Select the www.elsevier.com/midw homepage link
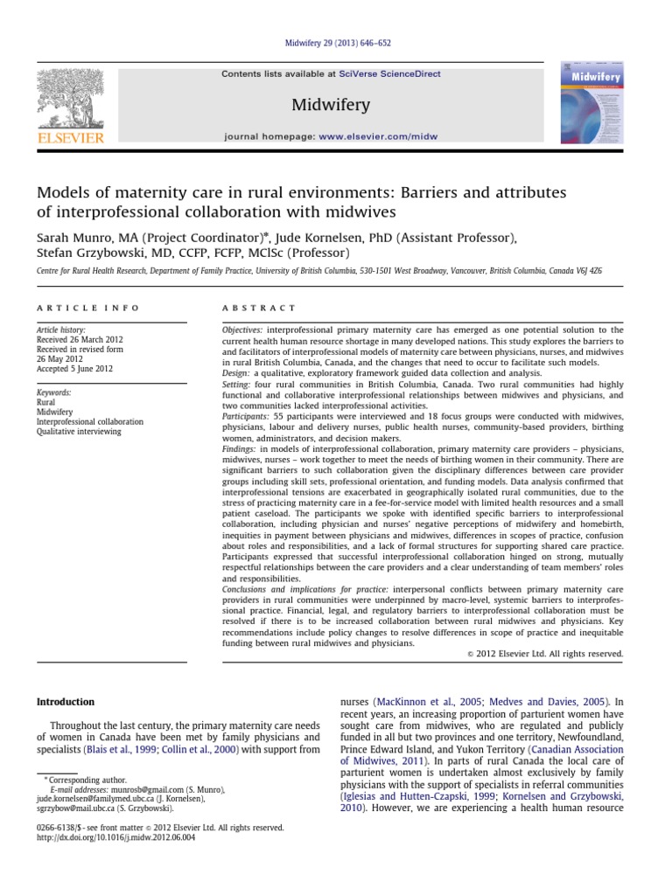[378, 137]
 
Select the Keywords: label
[54, 392]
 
